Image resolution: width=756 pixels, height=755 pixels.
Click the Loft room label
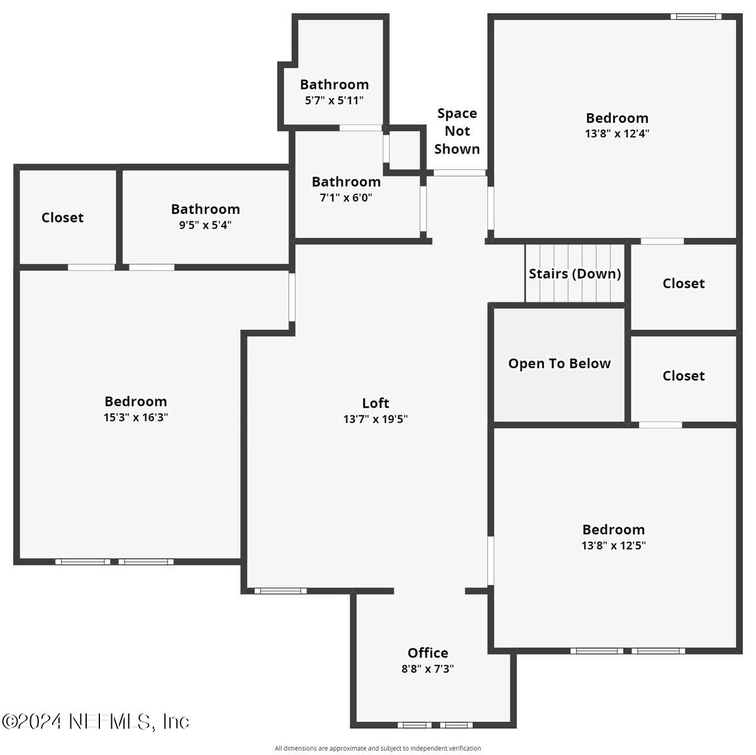(x=375, y=403)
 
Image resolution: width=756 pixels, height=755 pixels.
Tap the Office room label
(x=428, y=653)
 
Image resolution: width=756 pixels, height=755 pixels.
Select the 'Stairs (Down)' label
(x=575, y=274)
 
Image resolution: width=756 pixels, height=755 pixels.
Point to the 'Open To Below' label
(x=559, y=364)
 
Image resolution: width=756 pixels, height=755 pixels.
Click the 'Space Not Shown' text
(x=457, y=131)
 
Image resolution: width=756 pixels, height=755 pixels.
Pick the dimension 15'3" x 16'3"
(x=136, y=417)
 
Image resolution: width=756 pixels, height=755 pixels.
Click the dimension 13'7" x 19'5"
(x=375, y=419)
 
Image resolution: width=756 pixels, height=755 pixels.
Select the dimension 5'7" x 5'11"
(x=334, y=100)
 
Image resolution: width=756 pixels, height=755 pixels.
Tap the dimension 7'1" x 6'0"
(x=346, y=198)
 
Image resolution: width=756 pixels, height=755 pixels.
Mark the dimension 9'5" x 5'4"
(x=205, y=225)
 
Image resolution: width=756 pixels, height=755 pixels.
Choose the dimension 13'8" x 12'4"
(x=617, y=133)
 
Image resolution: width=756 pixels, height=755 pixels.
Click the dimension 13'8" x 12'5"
(x=613, y=545)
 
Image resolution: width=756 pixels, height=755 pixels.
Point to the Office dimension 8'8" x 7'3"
(x=428, y=669)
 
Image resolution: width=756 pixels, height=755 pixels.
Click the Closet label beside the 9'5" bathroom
(x=62, y=218)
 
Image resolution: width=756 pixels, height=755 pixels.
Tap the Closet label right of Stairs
(x=684, y=284)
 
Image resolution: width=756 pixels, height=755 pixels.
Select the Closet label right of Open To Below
(x=684, y=376)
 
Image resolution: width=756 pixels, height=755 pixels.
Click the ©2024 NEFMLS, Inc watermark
(x=96, y=721)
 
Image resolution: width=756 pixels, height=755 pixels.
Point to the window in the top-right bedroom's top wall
(x=696, y=16)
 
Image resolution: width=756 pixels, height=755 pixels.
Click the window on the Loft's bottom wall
(x=281, y=591)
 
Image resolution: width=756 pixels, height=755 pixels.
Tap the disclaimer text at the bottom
(x=378, y=748)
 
